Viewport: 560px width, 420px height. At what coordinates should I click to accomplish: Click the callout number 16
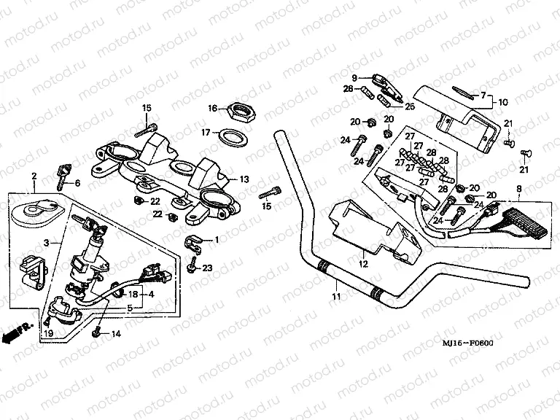(212, 109)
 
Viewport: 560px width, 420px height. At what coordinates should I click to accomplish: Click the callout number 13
(244, 179)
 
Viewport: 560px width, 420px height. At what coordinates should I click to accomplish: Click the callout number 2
(34, 176)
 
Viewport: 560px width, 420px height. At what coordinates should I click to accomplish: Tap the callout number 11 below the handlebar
(336, 297)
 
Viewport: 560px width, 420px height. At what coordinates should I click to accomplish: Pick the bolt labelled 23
(192, 267)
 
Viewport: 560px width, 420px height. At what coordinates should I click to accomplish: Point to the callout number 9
(355, 78)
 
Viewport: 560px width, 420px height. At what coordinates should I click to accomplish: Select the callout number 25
(409, 106)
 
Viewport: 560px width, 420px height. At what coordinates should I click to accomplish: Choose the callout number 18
(133, 294)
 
